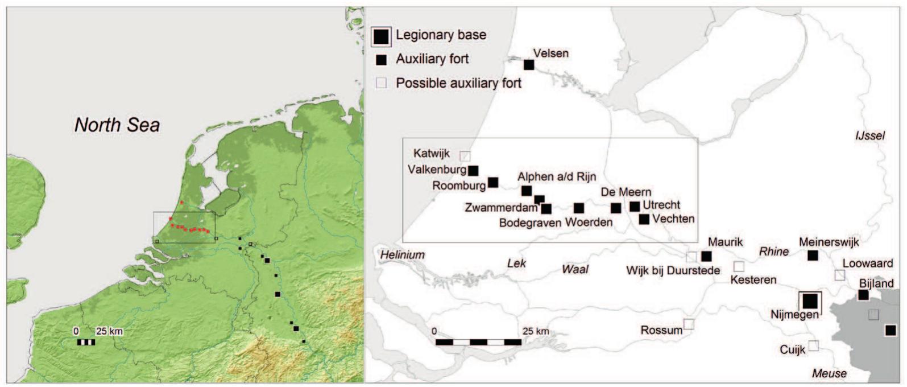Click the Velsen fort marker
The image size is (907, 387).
click(x=529, y=65)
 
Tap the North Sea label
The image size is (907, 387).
click(x=117, y=125)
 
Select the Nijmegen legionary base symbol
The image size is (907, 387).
click(x=810, y=301)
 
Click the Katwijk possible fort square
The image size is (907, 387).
click(x=465, y=155)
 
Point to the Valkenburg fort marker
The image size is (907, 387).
click(x=473, y=170)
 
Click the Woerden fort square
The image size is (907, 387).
click(x=579, y=208)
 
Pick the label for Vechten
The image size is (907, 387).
click(x=673, y=219)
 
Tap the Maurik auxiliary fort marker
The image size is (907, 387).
click(x=706, y=256)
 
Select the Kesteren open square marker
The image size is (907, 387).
click(x=739, y=266)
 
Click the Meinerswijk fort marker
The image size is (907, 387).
click(x=813, y=256)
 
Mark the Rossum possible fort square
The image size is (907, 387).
click(x=689, y=324)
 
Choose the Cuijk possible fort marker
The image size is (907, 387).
click(x=814, y=345)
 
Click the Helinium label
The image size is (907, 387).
click(x=403, y=255)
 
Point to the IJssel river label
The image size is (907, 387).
click(x=870, y=136)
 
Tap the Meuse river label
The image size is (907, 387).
click(x=829, y=374)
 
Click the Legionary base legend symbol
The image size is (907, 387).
click(x=381, y=36)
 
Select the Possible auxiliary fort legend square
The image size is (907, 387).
click(x=382, y=83)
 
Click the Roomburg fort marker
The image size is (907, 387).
click(x=493, y=182)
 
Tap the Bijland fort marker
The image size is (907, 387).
click(x=863, y=295)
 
